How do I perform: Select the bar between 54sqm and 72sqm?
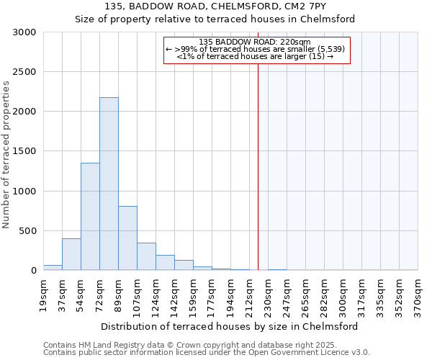click(90, 216)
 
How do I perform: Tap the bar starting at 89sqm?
click(127, 238)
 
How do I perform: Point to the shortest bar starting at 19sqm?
click(53, 267)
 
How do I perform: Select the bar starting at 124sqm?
click(165, 263)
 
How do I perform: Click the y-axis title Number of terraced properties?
click(6, 154)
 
